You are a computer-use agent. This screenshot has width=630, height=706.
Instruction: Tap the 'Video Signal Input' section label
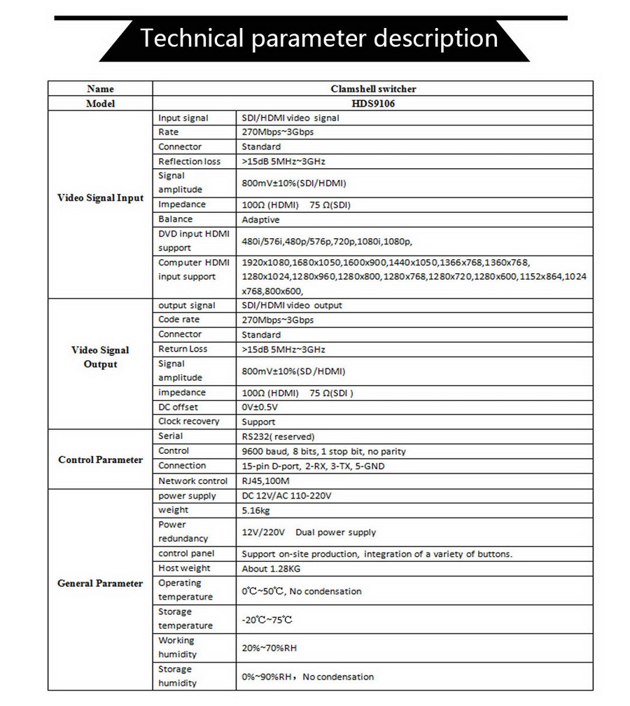(100, 198)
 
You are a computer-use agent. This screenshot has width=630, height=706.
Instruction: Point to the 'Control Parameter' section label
(100, 460)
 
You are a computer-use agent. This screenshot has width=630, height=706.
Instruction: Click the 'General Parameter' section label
(100, 583)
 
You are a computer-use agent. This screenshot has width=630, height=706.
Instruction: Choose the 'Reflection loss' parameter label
(189, 161)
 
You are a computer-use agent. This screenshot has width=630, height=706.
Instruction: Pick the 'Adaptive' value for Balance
(260, 220)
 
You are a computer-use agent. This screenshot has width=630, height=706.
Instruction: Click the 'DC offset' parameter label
(178, 407)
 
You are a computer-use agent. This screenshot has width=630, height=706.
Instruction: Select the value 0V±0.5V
(259, 408)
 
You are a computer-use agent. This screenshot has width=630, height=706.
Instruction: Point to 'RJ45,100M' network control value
(265, 481)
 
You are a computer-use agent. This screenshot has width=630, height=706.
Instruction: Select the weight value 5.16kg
(256, 511)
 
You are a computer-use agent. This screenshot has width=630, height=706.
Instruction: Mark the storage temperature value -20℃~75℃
(267, 620)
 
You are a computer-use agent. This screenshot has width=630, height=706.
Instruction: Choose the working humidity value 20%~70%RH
(269, 649)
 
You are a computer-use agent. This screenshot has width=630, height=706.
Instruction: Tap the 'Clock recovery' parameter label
(188, 422)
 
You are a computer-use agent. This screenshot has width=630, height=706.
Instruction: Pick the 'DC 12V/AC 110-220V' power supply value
(286, 496)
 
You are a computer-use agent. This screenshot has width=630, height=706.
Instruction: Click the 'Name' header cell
(100, 89)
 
